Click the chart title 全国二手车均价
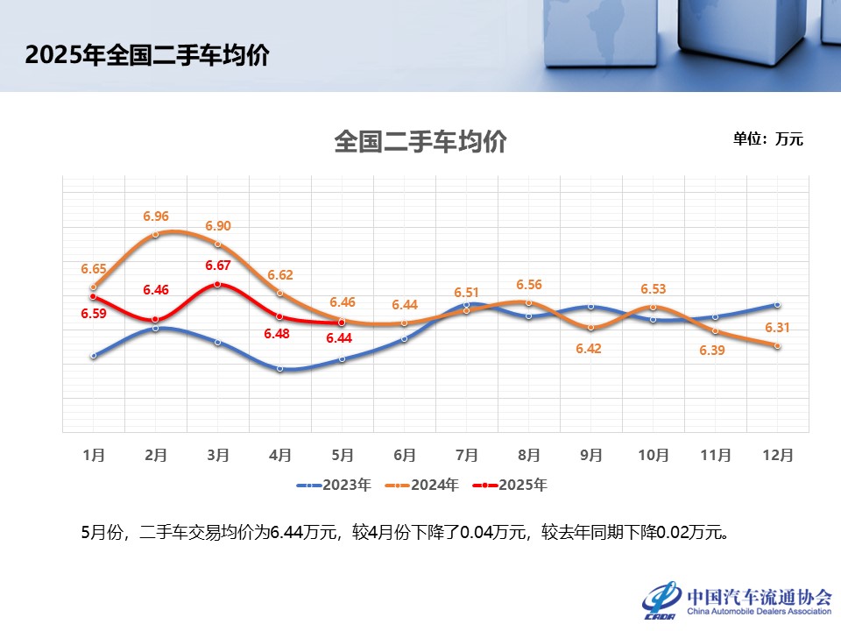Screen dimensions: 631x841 point(420,142)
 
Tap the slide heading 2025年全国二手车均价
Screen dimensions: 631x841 point(146,56)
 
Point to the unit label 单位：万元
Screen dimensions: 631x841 point(767,138)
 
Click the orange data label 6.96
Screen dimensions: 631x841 point(156,216)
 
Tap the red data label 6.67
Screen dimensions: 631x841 point(218,266)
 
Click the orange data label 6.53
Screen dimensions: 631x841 point(654,288)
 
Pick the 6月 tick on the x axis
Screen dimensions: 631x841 point(405,456)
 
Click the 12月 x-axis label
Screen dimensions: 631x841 point(777,456)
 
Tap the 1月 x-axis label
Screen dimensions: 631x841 point(94,456)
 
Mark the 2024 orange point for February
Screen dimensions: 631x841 point(155,234)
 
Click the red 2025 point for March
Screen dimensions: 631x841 point(217,284)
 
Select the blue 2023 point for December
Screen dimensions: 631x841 point(777,304)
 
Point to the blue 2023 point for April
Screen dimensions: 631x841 point(279,368)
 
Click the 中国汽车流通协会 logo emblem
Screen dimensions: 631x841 point(661,599)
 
